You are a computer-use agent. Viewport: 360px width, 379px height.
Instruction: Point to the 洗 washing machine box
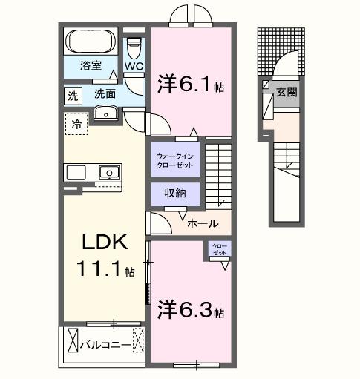pyautogui.click(x=73, y=96)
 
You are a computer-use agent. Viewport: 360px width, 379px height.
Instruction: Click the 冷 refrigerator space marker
pyautogui.click(x=75, y=124)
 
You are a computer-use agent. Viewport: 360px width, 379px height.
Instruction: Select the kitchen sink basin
pyautogui.click(x=109, y=173)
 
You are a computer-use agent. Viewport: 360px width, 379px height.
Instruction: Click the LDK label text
pyautogui.click(x=105, y=243)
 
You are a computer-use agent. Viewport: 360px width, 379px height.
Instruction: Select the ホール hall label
pyautogui.click(x=202, y=223)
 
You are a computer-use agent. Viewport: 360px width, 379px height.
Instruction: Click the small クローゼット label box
pyautogui.click(x=220, y=249)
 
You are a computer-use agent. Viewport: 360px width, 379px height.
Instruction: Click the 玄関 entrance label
pyautogui.click(x=287, y=93)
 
